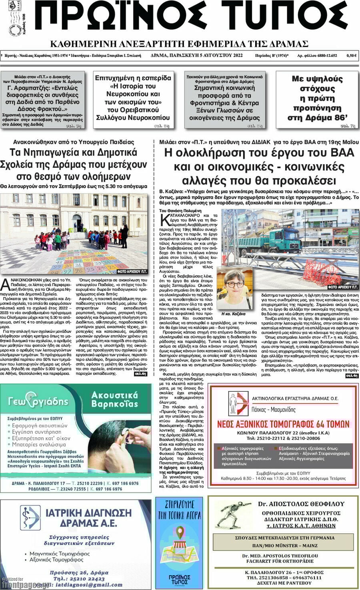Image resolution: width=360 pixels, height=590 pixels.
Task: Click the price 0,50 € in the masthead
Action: (352, 56)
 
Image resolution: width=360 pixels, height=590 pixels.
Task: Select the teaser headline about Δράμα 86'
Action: (317, 98)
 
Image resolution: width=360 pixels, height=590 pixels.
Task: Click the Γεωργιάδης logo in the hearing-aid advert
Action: (38, 401)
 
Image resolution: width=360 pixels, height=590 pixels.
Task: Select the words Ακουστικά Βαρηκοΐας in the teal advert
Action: (114, 399)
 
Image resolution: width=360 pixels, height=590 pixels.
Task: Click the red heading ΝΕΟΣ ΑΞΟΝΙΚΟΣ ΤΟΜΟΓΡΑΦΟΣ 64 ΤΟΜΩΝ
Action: (283, 424)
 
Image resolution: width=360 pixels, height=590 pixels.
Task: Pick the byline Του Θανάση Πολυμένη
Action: (180, 211)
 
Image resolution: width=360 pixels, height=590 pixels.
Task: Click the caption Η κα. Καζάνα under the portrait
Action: (233, 314)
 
